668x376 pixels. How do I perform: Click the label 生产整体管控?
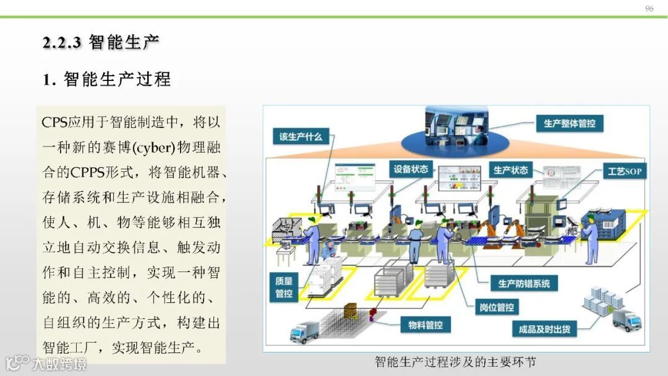point(569,123)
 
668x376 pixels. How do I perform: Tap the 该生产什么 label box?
point(301,137)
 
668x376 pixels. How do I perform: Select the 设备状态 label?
point(411,169)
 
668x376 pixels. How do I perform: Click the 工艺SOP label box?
point(625,171)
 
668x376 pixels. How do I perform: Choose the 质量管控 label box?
point(284,288)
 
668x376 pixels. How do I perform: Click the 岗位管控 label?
point(497,307)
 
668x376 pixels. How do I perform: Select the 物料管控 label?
point(426,325)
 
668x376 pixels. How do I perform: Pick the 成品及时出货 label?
point(544,329)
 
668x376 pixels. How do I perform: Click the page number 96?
point(649,9)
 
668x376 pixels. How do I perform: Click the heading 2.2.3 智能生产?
point(101,42)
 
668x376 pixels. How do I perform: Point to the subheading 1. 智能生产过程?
point(106,79)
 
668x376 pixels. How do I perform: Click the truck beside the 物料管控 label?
point(304,332)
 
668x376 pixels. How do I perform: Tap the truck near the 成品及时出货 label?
point(626,320)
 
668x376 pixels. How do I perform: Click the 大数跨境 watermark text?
point(59,364)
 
